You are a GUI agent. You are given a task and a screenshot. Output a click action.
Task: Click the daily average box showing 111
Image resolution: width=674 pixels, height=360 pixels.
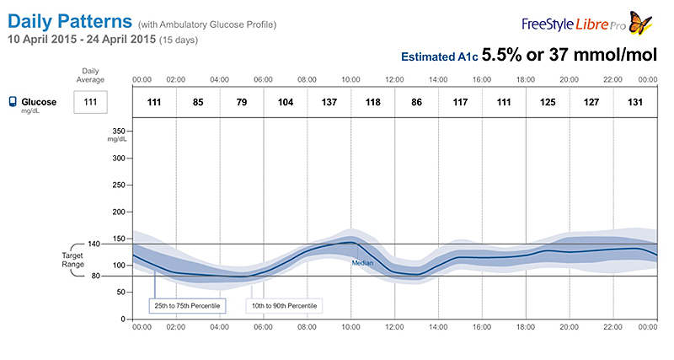pyautogui.click(x=90, y=102)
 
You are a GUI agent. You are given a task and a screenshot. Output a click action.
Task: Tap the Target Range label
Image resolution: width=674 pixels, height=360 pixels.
pyautogui.click(x=72, y=260)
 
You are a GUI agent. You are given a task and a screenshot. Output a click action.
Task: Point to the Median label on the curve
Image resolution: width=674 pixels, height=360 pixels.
pyautogui.click(x=361, y=263)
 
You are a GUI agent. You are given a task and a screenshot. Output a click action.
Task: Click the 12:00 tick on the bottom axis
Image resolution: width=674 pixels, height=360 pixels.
pyautogui.click(x=394, y=327)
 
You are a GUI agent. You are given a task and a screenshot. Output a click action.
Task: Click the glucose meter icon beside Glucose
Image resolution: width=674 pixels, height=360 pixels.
pyautogui.click(x=13, y=102)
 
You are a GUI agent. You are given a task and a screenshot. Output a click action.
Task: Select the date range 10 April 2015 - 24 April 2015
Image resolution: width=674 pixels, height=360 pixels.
pyautogui.click(x=82, y=40)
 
